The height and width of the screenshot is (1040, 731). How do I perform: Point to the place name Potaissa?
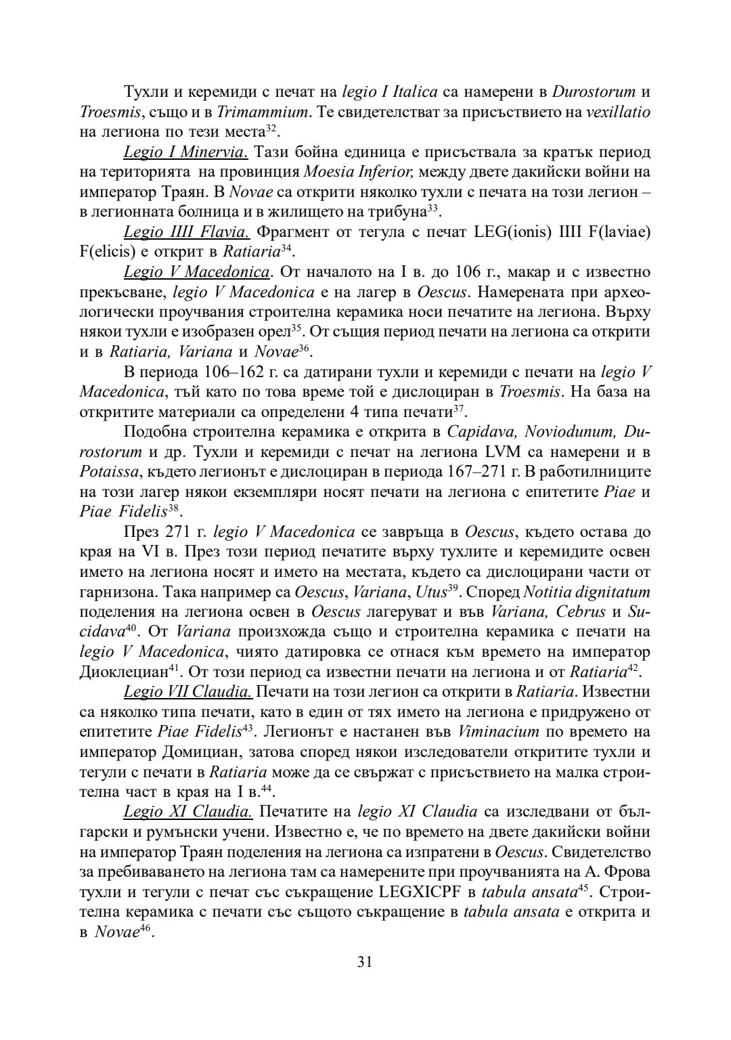pyautogui.click(x=106, y=471)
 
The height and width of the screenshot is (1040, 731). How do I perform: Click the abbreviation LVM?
pyautogui.click(x=504, y=451)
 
